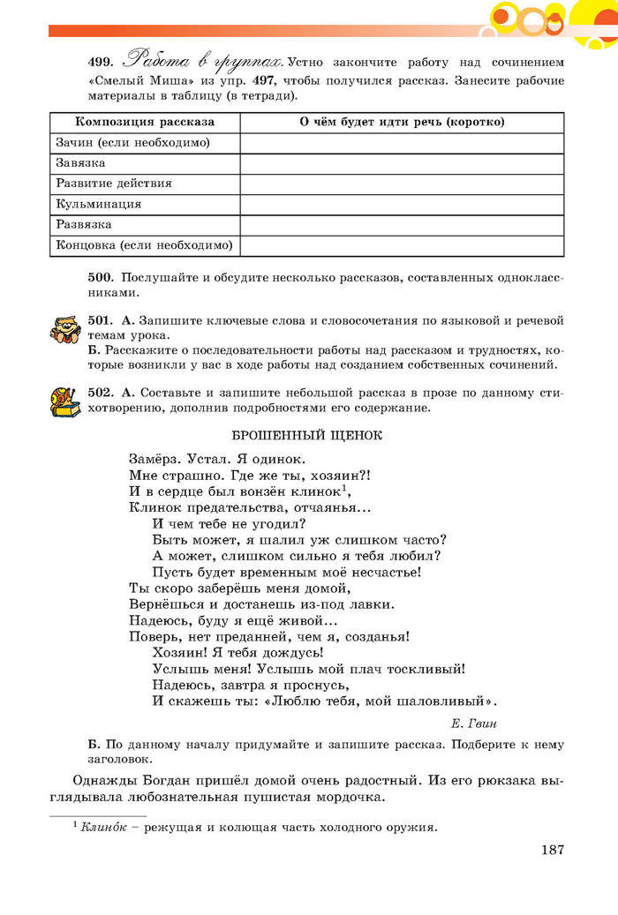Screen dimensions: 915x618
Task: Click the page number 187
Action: click(549, 850)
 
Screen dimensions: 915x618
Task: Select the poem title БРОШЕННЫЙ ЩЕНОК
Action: click(306, 436)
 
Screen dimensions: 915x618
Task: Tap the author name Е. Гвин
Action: click(474, 724)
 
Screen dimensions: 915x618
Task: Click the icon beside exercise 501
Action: click(64, 331)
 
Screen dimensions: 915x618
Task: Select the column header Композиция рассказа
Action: click(145, 122)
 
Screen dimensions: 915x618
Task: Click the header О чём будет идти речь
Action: click(402, 122)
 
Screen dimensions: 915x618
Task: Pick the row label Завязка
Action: click(80, 163)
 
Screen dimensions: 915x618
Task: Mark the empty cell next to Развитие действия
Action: click(402, 184)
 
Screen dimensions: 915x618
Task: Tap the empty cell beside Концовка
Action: click(402, 245)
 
